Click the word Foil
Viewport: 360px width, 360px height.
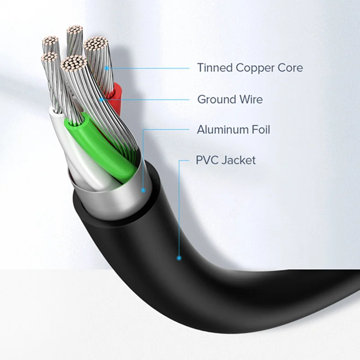(x=260, y=130)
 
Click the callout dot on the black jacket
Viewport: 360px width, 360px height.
(x=179, y=258)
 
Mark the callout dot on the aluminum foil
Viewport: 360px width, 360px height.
(x=143, y=190)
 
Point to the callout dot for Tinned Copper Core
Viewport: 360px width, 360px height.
(x=107, y=68)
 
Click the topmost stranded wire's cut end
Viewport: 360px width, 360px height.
(x=75, y=31)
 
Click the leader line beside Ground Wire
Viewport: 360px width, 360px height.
(x=148, y=99)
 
